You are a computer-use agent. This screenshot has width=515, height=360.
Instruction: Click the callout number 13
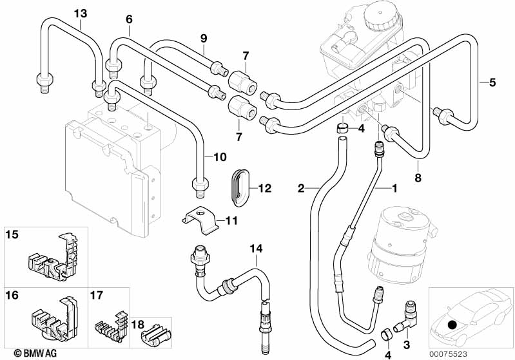pyautogui.click(x=79, y=13)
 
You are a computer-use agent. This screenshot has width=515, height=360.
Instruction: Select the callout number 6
pyautogui.click(x=129, y=19)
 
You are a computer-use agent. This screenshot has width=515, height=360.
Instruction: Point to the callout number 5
pyautogui.click(x=492, y=82)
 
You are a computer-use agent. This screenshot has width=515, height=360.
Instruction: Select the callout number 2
pyautogui.click(x=300, y=188)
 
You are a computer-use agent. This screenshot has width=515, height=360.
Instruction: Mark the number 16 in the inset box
pyautogui.click(x=12, y=296)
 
